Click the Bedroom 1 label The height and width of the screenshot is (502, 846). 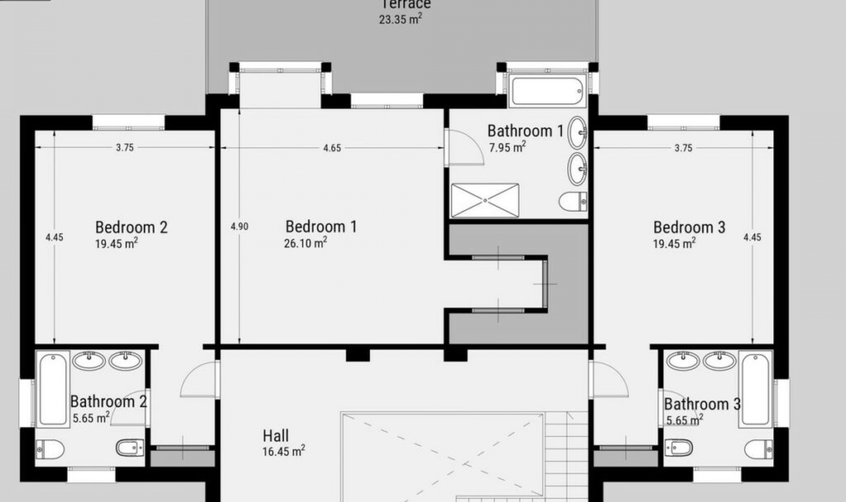(x=321, y=227)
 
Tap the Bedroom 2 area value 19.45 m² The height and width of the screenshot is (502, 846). (x=116, y=244)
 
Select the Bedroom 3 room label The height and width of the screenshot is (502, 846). (x=689, y=227)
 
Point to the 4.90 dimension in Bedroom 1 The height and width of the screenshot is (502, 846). (x=239, y=227)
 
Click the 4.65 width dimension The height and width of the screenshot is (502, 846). (x=332, y=148)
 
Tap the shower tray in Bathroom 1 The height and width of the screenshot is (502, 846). (x=485, y=200)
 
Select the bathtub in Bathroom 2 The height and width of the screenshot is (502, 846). (x=53, y=389)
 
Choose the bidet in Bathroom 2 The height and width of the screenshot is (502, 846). (x=130, y=448)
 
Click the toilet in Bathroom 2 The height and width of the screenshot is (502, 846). (x=50, y=450)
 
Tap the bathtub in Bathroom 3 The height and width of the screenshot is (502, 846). (x=755, y=389)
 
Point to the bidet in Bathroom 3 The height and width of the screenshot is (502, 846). (x=679, y=448)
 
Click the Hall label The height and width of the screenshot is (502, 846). (x=276, y=436)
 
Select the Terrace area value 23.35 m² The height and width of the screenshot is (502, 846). (x=401, y=19)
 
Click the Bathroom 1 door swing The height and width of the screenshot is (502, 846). (x=464, y=147)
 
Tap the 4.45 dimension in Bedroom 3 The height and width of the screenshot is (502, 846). (x=752, y=237)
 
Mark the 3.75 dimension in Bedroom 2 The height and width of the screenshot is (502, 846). (x=125, y=148)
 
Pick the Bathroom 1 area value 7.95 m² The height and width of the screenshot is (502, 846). (x=507, y=147)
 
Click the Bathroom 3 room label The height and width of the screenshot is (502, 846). (x=702, y=404)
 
